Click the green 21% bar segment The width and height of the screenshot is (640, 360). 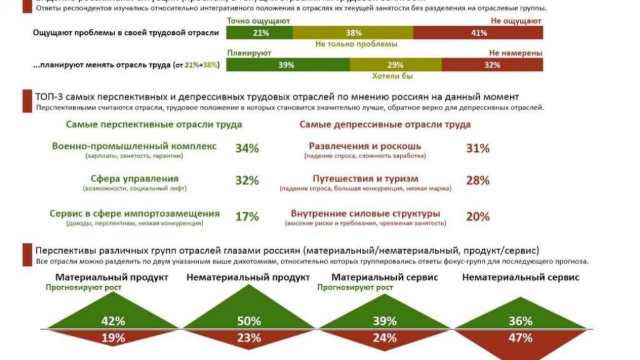pyautogui.click(x=260, y=33)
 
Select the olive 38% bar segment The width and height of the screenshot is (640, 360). pyautogui.click(x=353, y=33)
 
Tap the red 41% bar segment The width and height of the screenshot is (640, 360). pyautogui.click(x=478, y=33)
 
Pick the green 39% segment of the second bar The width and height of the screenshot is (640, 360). pyautogui.click(x=287, y=65)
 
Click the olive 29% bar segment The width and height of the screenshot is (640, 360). pyautogui.click(x=395, y=65)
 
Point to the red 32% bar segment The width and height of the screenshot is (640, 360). pyautogui.click(x=492, y=65)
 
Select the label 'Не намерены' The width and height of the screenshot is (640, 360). pyautogui.click(x=516, y=53)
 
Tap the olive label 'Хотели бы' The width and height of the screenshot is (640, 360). pyautogui.click(x=392, y=76)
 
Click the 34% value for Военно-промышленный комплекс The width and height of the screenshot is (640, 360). pyautogui.click(x=247, y=148)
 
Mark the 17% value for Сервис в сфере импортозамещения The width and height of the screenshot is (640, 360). pyautogui.click(x=247, y=217)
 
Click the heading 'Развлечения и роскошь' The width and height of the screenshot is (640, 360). pyautogui.click(x=365, y=146)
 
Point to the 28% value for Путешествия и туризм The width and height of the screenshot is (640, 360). pyautogui.click(x=478, y=180)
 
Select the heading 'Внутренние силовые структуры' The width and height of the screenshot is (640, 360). pyautogui.click(x=365, y=214)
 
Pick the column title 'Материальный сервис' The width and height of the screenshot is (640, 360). pyautogui.click(x=385, y=278)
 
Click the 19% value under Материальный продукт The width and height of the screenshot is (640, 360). pyautogui.click(x=113, y=337)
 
